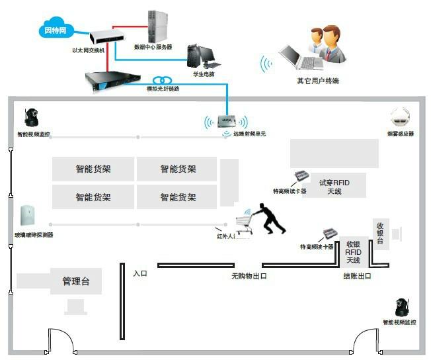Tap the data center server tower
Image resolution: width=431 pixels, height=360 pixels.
pos(157,26)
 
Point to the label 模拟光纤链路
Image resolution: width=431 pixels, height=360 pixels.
pos(163,89)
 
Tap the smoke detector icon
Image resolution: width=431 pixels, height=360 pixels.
pos(401,118)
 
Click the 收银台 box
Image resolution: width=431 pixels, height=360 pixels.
pos(380,232)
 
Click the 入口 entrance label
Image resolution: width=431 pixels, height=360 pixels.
pos(139,273)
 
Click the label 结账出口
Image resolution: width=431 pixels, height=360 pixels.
pos(357,276)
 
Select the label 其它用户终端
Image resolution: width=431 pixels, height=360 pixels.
pos(318,81)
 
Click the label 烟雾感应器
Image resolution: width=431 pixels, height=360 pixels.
pos(400,134)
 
